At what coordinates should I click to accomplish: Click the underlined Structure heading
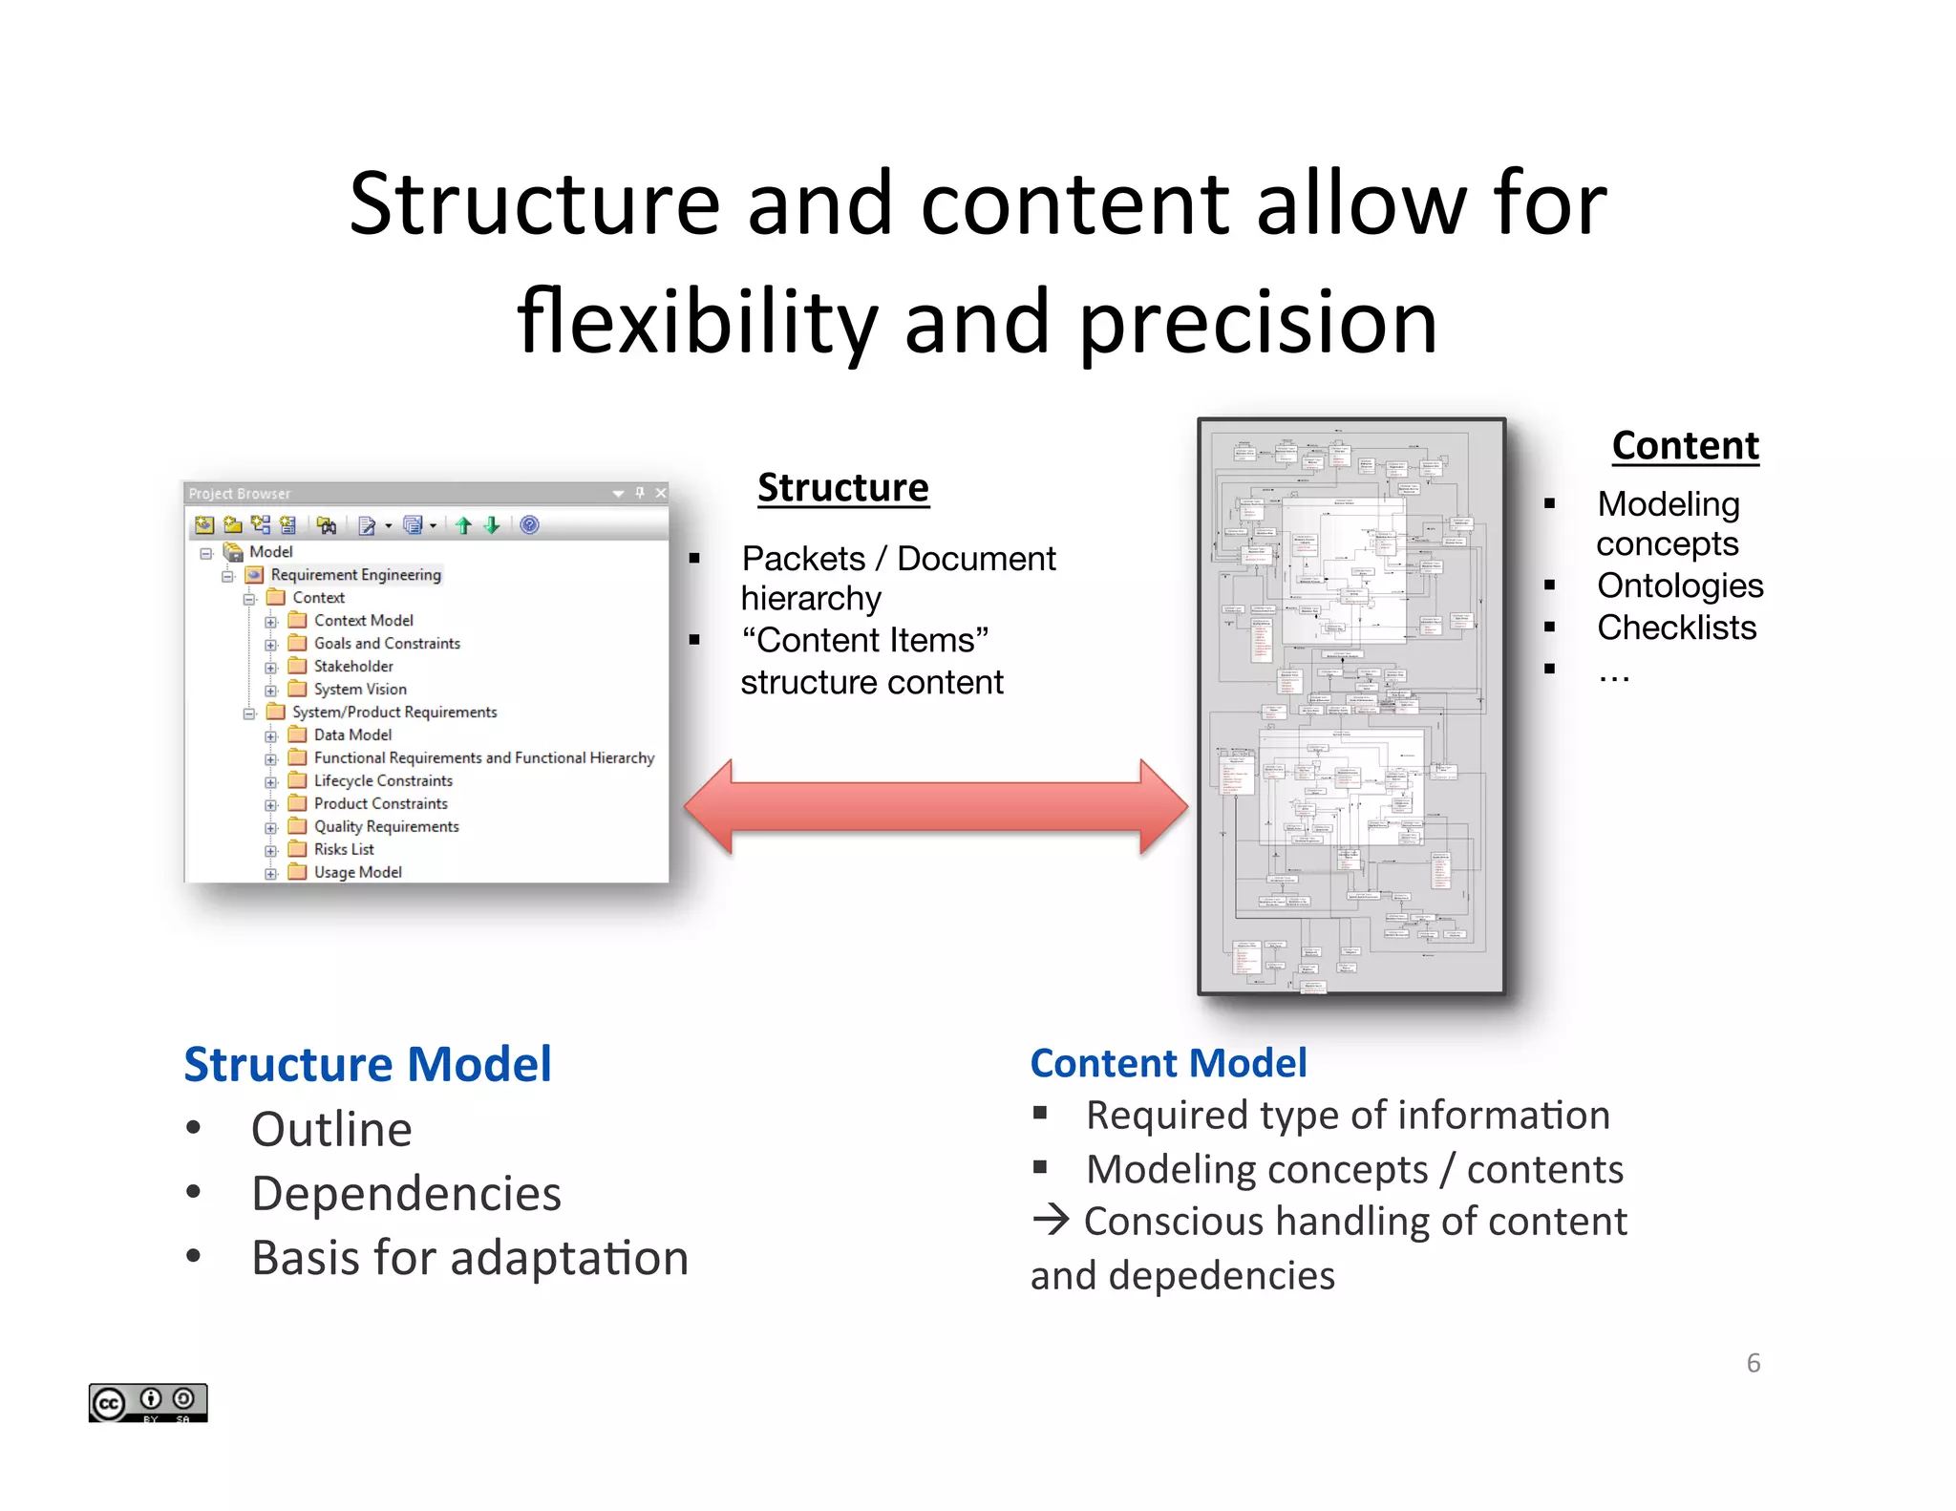(x=842, y=488)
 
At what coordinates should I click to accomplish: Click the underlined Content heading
(x=1685, y=446)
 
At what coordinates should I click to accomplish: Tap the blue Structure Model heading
(x=368, y=1064)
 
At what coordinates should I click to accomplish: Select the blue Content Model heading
(x=1168, y=1063)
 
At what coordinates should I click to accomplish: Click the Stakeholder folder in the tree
(x=352, y=666)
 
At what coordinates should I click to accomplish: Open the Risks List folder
(x=343, y=849)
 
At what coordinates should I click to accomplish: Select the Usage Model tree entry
(x=357, y=872)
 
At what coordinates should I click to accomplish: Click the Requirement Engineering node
(x=355, y=574)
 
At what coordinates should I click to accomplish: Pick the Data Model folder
(x=351, y=734)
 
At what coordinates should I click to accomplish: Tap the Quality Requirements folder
(x=386, y=826)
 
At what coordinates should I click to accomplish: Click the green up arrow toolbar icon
(x=464, y=524)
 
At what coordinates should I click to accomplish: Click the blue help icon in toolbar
(x=529, y=524)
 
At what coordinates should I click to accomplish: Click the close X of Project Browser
(x=660, y=493)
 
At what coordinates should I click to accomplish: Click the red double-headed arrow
(x=936, y=807)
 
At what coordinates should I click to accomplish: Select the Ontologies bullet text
(x=1679, y=585)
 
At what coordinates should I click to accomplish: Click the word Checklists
(x=1676, y=628)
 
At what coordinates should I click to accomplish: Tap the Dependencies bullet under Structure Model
(x=406, y=1194)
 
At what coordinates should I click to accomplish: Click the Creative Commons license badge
(x=148, y=1402)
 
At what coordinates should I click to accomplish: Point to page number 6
(x=1753, y=1363)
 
